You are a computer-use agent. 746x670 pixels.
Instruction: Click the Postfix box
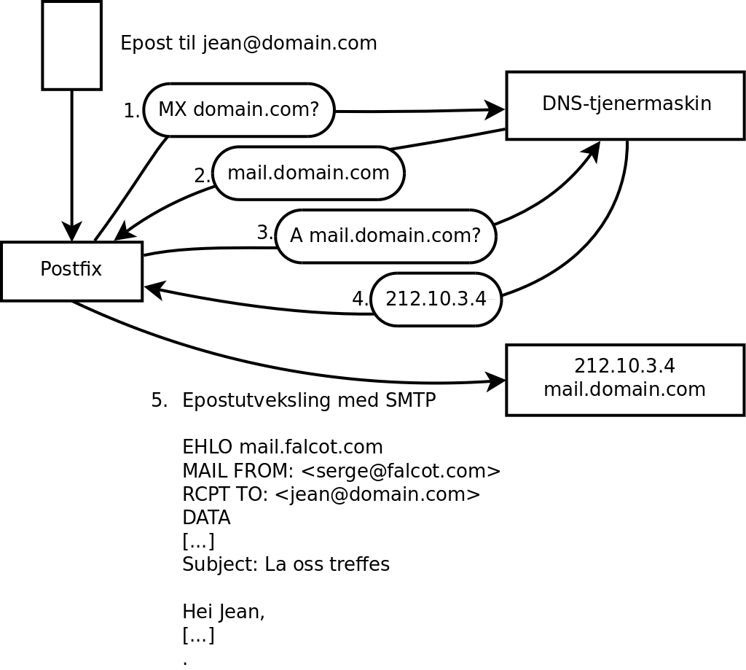71,270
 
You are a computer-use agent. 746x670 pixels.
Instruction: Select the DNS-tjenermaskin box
625,105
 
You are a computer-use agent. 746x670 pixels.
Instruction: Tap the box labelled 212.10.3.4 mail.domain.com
624,380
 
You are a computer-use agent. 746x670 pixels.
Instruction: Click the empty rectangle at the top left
71,45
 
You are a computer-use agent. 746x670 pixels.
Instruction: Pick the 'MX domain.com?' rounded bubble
239,110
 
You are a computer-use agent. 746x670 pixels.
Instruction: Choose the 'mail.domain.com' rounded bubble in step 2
308,174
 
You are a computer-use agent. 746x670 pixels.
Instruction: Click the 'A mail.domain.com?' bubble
385,236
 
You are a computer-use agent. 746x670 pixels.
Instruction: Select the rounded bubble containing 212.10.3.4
436,300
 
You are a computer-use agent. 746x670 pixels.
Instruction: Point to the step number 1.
131,112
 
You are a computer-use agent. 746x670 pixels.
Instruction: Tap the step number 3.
264,233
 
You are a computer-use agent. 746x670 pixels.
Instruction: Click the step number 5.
159,400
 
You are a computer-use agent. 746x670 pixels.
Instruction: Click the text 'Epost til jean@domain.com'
248,43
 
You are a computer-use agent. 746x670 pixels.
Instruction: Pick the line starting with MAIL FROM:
341,471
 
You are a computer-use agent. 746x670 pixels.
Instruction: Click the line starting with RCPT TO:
331,494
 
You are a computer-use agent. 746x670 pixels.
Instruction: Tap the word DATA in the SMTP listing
206,518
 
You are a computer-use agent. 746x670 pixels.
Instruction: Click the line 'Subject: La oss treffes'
286,564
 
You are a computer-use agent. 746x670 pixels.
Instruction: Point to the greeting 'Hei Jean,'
223,612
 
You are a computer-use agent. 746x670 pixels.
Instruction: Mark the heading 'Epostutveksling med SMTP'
309,400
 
